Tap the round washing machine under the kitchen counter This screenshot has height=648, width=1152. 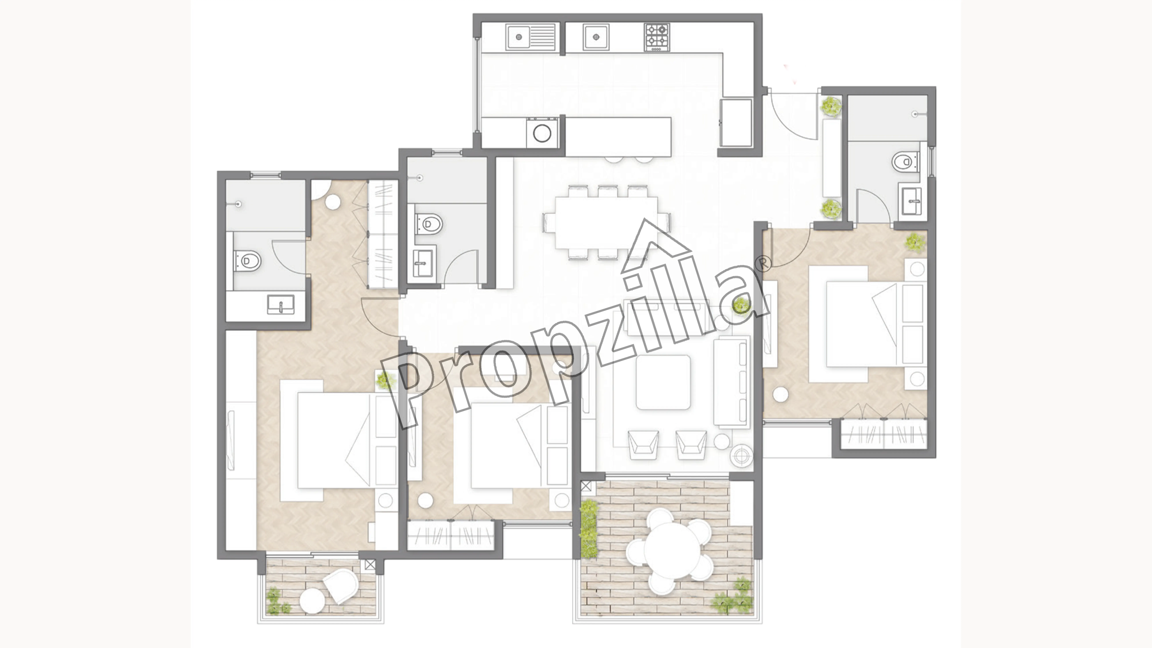[542, 133]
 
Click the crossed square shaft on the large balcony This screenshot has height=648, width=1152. [586, 486]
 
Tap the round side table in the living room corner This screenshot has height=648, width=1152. [741, 455]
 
